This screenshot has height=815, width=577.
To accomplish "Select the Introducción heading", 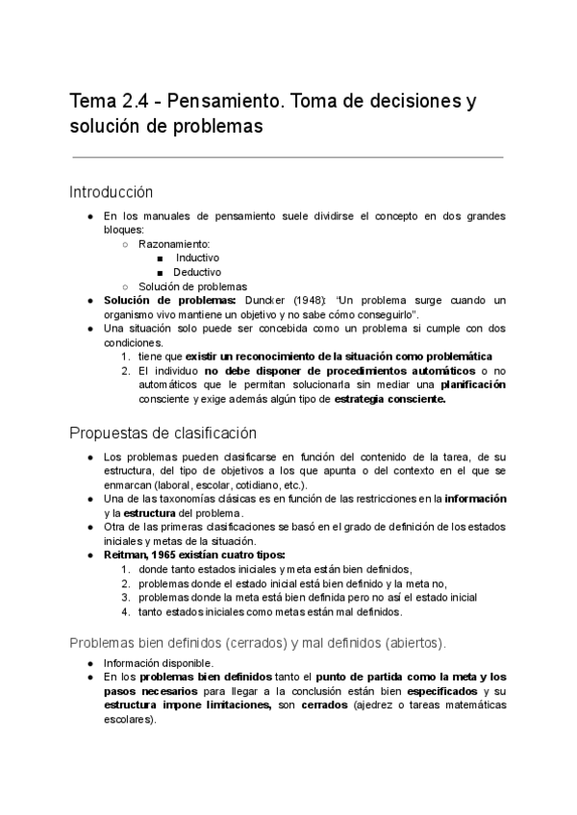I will point(112,192).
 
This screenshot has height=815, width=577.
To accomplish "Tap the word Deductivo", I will point(197,272).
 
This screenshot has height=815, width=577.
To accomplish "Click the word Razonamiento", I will point(174,245).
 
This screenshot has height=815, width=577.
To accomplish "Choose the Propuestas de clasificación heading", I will point(163,432).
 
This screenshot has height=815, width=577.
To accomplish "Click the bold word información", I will point(474,498).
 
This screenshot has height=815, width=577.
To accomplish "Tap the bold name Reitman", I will point(128,555).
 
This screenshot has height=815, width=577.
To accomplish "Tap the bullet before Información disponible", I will point(89,662).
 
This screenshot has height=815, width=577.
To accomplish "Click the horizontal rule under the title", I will point(288,157).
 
